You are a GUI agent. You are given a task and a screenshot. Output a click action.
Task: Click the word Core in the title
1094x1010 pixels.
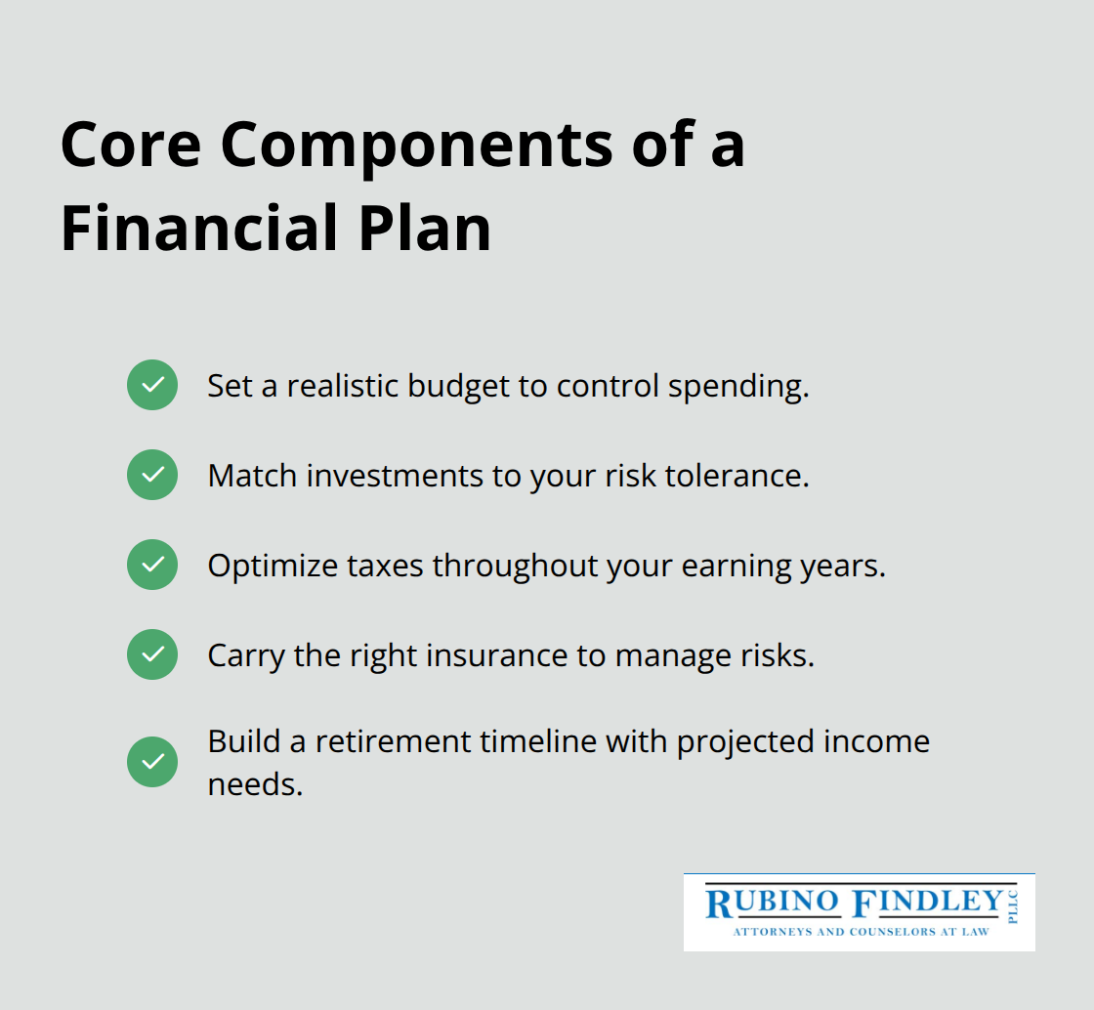tap(131, 146)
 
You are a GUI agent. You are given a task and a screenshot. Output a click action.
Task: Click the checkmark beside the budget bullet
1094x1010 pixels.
tap(152, 385)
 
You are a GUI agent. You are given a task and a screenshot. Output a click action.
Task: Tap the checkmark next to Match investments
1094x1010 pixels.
tap(152, 475)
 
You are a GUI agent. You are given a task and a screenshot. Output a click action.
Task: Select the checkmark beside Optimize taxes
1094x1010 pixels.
tap(152, 565)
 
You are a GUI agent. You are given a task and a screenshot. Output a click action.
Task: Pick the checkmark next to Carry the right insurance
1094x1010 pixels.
tap(152, 654)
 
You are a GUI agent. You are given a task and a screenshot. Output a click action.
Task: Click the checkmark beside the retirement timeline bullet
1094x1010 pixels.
tap(152, 762)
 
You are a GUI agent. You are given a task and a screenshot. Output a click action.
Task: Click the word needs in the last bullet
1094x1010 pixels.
tap(254, 783)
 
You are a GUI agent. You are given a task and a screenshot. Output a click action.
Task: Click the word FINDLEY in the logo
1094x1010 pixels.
tap(928, 904)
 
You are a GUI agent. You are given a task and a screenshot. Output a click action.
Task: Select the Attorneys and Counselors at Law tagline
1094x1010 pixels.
tap(861, 932)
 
